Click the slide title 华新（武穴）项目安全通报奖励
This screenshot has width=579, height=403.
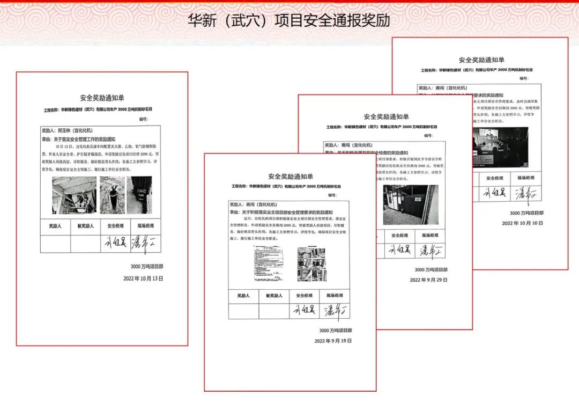289,21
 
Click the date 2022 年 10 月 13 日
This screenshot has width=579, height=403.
143,279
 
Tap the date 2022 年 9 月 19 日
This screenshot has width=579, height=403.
333,341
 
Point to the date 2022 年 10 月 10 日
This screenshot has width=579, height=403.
522,223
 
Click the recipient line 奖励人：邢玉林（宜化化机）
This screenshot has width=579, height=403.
68,130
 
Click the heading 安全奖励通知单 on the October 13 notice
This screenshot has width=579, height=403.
102,98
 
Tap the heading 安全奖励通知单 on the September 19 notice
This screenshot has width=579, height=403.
291,177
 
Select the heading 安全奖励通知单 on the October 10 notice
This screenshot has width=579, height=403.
481,60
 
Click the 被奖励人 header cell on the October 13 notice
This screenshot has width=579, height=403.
85,226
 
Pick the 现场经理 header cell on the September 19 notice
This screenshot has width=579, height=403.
334,296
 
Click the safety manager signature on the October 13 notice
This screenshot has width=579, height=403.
115,243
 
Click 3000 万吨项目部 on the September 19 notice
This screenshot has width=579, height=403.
336,331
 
